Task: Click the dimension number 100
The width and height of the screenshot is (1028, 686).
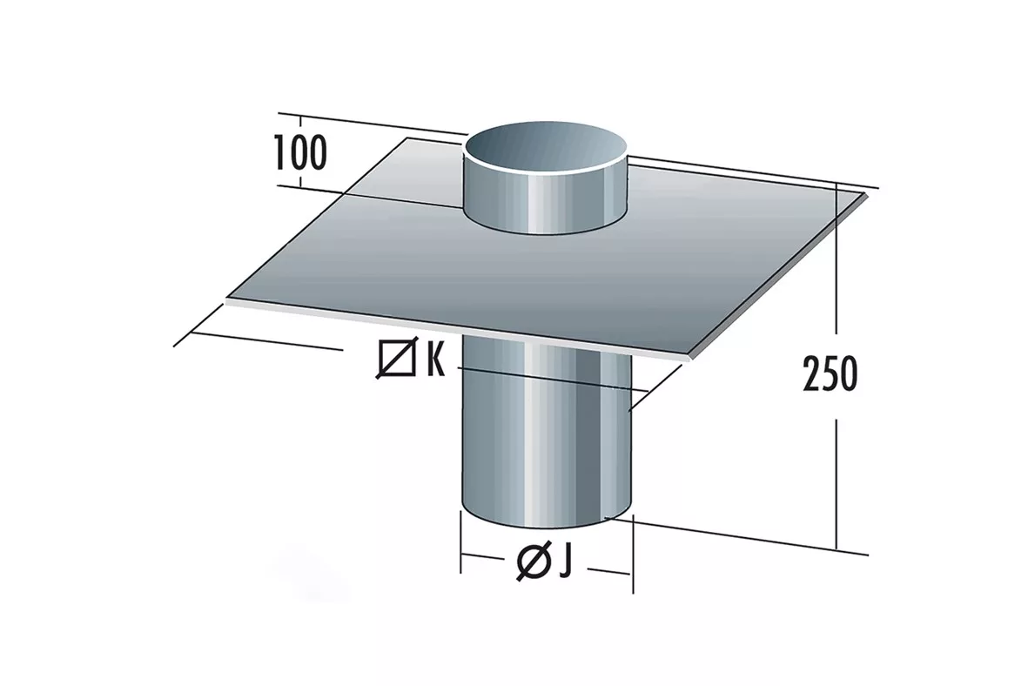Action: pyautogui.click(x=299, y=152)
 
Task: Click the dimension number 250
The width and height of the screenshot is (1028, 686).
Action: pyautogui.click(x=830, y=373)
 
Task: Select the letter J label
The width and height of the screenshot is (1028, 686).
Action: pyautogui.click(x=565, y=562)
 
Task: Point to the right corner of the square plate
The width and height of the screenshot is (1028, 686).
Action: pyautogui.click(x=868, y=194)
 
